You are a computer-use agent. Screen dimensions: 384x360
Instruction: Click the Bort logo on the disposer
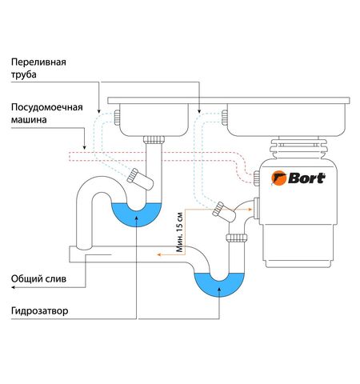coord(299,178)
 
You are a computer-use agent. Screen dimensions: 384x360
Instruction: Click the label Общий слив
coord(38,279)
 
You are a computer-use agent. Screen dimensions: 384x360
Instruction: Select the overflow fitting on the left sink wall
coord(116,117)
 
